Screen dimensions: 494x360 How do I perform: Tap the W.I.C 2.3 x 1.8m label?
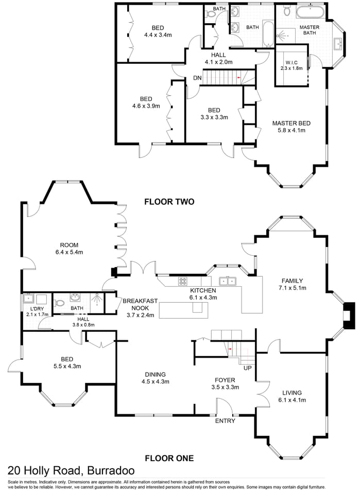(x=291, y=64)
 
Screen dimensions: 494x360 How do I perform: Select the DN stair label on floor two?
(x=197, y=78)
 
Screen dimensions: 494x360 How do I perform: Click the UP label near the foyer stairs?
(x=248, y=368)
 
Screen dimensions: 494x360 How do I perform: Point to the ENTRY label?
(x=225, y=421)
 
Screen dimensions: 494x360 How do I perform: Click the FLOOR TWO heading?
(x=169, y=202)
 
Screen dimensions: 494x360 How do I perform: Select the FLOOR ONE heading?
(x=169, y=457)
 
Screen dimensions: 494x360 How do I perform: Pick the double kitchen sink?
(x=228, y=281)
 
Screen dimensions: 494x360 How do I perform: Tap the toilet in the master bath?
(x=287, y=10)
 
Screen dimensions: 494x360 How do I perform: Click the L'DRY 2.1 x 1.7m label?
(x=37, y=311)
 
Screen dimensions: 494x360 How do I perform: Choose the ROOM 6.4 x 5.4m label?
(x=68, y=249)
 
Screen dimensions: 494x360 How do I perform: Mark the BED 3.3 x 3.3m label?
(x=214, y=113)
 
